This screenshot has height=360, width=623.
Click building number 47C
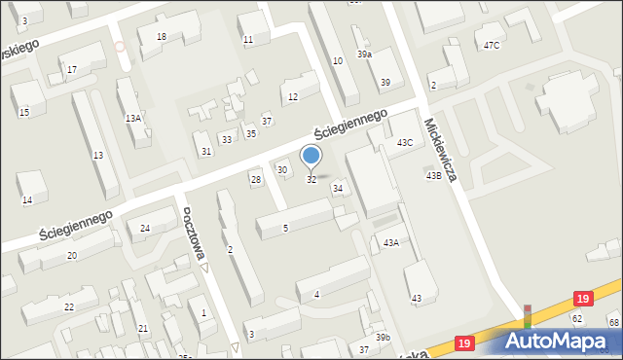tap(492, 45)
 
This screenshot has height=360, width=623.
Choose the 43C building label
tap(404, 143)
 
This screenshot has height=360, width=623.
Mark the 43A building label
tap(390, 242)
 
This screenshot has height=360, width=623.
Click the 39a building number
tap(364, 54)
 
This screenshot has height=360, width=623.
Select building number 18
tap(162, 37)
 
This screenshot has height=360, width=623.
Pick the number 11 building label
tap(248, 40)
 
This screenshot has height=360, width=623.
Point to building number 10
tap(338, 61)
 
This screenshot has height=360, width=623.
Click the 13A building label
tap(133, 118)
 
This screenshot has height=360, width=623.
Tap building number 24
tap(145, 228)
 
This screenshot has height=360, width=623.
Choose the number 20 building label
tap(72, 255)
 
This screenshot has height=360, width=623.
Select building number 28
tap(256, 179)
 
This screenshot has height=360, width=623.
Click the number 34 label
tap(338, 188)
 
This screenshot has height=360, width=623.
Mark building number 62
tap(576, 318)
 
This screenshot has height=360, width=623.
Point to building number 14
tap(27, 200)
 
